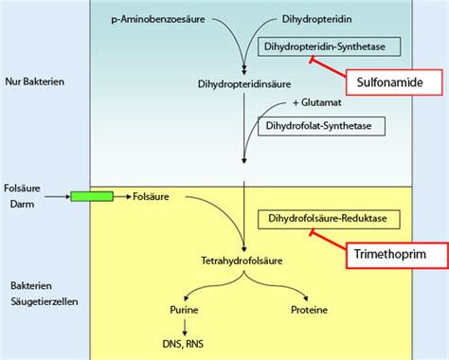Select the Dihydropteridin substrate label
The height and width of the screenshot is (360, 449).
click(x=318, y=19)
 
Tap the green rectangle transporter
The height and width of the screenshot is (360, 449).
click(x=92, y=196)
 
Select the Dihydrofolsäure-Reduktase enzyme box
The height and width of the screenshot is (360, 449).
click(x=329, y=219)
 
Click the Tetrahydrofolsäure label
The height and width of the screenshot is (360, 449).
click(x=244, y=261)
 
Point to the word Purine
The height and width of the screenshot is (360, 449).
click(x=183, y=309)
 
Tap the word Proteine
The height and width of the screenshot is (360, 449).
click(x=311, y=309)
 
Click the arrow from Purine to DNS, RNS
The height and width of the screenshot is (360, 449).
click(x=183, y=327)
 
